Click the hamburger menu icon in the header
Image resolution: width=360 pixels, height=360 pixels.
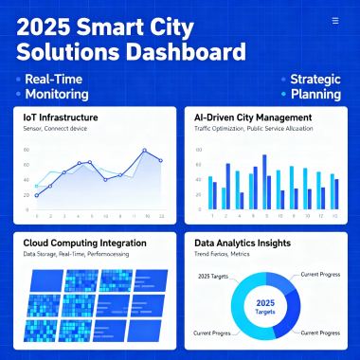click(334, 19)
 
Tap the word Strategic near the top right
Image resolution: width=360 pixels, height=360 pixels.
click(315, 79)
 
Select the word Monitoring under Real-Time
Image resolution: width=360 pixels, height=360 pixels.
click(57, 95)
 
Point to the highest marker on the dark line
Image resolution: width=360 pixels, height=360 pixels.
click(145, 150)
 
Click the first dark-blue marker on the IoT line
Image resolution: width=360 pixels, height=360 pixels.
click(37, 198)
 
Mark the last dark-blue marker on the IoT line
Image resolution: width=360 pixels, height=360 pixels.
click(161, 160)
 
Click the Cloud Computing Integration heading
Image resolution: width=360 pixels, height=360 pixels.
click(84, 243)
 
